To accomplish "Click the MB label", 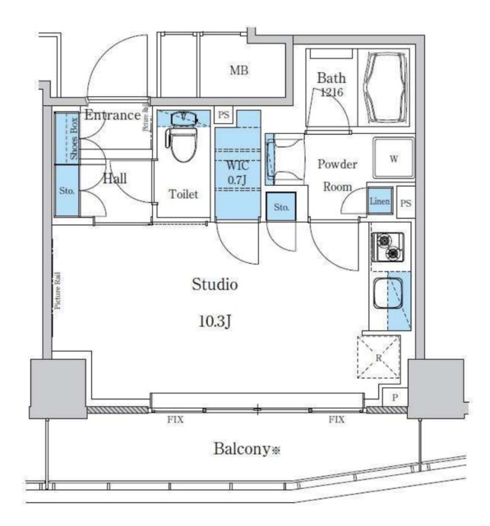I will tap(238, 71).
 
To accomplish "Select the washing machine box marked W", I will tap(393, 159).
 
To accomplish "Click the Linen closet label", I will tap(378, 201).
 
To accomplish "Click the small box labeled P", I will tap(395, 398).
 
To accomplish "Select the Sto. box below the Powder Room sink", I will tap(282, 208).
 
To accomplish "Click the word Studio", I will tap(215, 285).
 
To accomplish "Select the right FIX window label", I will tap(336, 420).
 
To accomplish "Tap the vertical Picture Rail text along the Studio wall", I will tap(58, 292).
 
